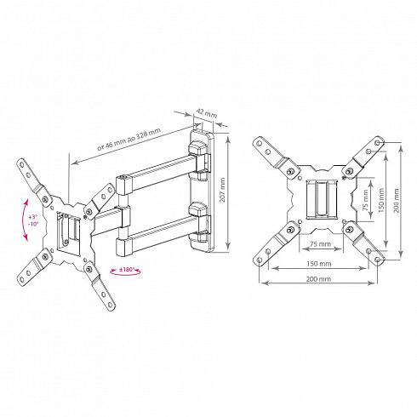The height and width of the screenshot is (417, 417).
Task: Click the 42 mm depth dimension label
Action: click(207, 113)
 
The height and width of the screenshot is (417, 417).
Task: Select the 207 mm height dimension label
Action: click(222, 190)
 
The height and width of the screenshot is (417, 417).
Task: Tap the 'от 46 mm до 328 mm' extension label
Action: click(129, 139)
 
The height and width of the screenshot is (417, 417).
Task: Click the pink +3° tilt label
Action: click(32, 217)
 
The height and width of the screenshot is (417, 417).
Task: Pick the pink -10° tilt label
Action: click(33, 223)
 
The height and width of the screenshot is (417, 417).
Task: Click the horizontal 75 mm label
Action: click(320, 243)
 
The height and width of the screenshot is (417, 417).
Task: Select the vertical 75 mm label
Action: click(366, 200)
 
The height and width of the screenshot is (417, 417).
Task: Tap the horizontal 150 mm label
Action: click(319, 263)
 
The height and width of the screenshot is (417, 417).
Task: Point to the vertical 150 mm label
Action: click(380, 200)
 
